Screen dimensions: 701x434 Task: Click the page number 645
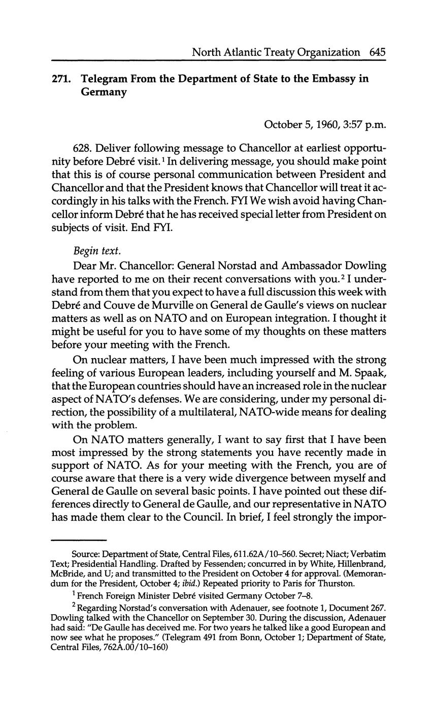378,52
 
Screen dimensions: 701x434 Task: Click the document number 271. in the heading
61,79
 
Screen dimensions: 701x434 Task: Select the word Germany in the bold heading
104,92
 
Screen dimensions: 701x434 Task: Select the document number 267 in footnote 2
379,608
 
